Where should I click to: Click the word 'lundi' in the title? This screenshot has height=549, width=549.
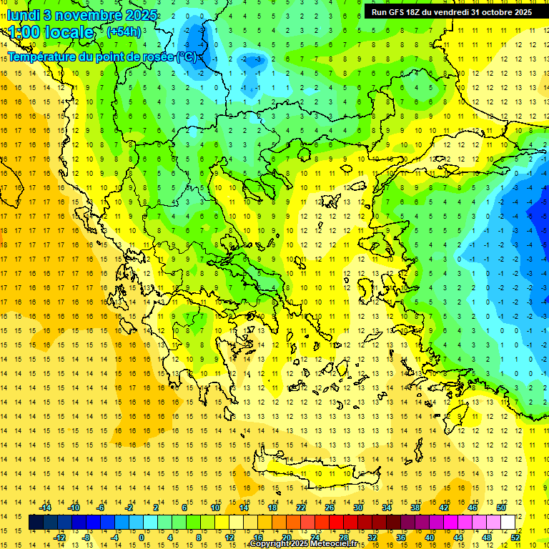coord(24,15)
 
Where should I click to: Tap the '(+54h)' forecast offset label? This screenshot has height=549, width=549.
coord(123,31)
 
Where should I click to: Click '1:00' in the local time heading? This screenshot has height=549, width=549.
coord(24,32)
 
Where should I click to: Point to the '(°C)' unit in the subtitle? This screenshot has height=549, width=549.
coord(186,56)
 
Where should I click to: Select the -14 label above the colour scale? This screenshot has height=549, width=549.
coord(45,507)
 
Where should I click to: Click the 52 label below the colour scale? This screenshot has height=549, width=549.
coord(516,537)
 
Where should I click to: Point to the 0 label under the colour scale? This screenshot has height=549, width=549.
coord(142,537)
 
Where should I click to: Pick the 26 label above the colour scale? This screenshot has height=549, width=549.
coord(330,507)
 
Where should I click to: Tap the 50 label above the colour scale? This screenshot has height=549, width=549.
coord(501,507)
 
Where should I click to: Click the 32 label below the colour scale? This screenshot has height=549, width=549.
coord(373,537)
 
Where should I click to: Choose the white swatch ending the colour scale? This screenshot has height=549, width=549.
coord(508,522)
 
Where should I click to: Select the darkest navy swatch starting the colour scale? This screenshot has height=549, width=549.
coord(36,522)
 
